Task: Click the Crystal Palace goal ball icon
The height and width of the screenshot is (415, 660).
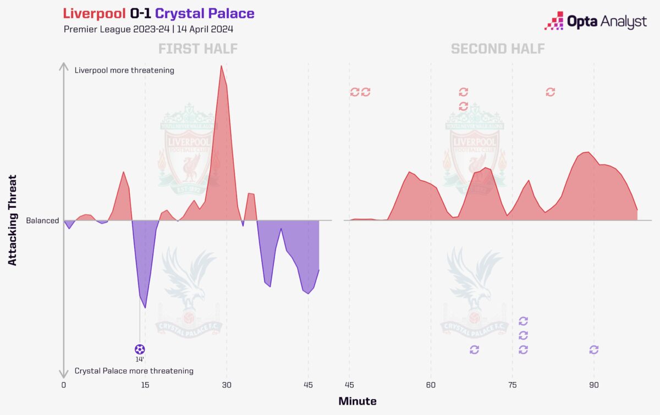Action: [140, 349]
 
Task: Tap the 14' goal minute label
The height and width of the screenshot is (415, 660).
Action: [140, 359]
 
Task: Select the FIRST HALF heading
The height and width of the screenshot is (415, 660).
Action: [198, 49]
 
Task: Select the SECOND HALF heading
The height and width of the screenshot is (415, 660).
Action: [498, 49]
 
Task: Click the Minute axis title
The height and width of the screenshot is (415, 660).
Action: [357, 401]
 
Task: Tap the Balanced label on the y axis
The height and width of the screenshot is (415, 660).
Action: [42, 220]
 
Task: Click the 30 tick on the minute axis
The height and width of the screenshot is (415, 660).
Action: [227, 385]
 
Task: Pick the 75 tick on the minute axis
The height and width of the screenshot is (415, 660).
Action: [512, 385]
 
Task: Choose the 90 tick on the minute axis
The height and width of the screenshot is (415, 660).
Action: [593, 385]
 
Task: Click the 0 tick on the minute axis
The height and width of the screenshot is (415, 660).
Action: [64, 385]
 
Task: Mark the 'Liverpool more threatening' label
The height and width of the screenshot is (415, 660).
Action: [124, 70]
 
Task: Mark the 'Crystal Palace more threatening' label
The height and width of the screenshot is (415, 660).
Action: [134, 371]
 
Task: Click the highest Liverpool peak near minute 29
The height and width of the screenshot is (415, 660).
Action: [221, 67]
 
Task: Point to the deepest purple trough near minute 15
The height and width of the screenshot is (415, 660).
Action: [145, 307]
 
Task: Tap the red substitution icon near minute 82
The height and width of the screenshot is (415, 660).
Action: [550, 92]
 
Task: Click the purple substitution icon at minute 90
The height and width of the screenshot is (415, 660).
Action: [593, 350]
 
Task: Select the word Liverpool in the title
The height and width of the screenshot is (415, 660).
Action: [95, 13]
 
